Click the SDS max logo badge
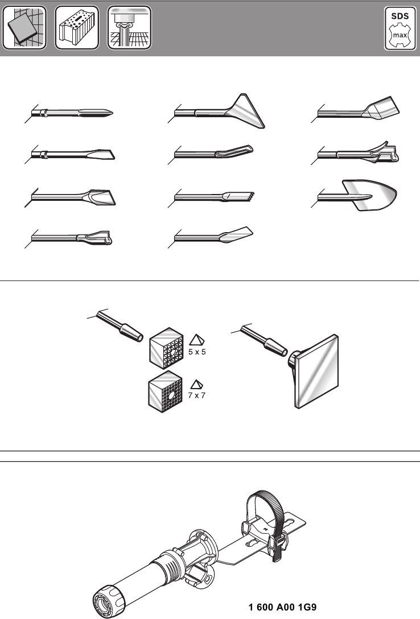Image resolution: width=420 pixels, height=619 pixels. pos(400,28)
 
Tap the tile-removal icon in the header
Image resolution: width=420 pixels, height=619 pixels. pos(24,28)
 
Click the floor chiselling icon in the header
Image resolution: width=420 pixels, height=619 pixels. pos(129,28)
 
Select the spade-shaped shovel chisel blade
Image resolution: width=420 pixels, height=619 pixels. pos(373,195)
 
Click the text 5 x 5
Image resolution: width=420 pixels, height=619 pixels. pos(196,352)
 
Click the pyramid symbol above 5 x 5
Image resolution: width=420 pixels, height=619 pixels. pos(196,340)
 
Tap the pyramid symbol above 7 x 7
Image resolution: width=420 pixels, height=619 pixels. pos(197,382)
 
